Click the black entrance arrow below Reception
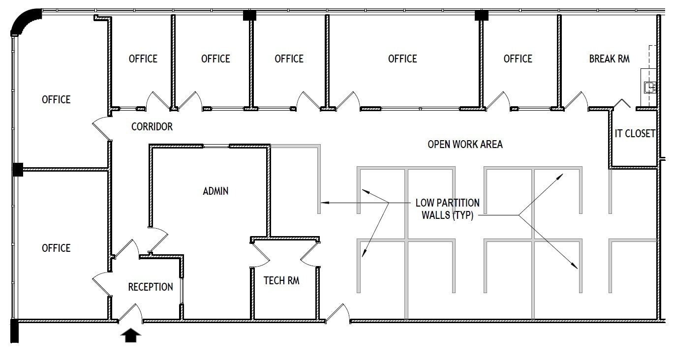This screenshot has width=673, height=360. pos(130,335)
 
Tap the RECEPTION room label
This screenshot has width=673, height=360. pos(151,287)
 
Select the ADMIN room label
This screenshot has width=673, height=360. pos(215,191)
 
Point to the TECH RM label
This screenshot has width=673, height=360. pos(281,281)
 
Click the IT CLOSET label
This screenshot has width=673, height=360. pos(635,133)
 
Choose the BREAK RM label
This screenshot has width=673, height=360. pos(609,59)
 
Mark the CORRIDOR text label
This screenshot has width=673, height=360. pos(152,127)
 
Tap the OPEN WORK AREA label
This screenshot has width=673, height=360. pos(465,145)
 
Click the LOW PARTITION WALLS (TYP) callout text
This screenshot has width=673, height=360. pos(447,209)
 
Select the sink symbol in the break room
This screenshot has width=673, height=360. pos(649,88)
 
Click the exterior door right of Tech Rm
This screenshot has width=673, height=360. pos(338,314)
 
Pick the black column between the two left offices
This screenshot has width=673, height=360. pos(18,170)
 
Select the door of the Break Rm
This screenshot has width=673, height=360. pos(576,101)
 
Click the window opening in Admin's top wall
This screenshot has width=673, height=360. pos(216,146)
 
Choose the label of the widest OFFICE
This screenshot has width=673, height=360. pos(402,59)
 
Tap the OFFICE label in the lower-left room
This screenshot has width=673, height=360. pos(56,248)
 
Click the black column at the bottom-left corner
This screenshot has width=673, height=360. pos(14,330)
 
